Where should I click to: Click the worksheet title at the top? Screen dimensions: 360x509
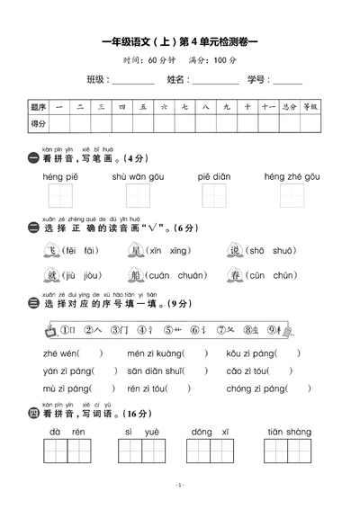tap(180, 41)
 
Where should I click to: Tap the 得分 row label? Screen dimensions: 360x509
tap(39, 123)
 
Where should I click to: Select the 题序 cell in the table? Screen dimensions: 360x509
tap(39, 107)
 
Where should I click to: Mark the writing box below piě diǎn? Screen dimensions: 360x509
tap(215, 195)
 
